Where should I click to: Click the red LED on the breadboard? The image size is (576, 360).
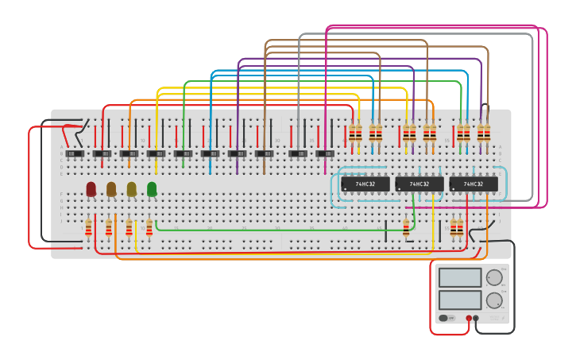pyautogui.click(x=91, y=188)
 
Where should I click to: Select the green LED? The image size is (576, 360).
pyautogui.click(x=152, y=188)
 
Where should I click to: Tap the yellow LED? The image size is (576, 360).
pyautogui.click(x=131, y=188)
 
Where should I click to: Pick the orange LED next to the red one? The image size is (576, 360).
pyautogui.click(x=111, y=188)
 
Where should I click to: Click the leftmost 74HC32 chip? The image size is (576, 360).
pyautogui.click(x=365, y=184)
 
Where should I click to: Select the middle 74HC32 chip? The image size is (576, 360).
pyautogui.click(x=419, y=184)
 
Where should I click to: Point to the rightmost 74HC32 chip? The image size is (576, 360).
pyautogui.click(x=474, y=184)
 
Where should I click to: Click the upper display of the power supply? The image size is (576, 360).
pyautogui.click(x=460, y=277)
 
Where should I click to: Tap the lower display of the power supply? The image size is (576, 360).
pyautogui.click(x=460, y=300)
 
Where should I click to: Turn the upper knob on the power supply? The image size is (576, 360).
pyautogui.click(x=494, y=277)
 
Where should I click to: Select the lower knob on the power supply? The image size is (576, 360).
pyautogui.click(x=494, y=300)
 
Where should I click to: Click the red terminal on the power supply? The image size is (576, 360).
pyautogui.click(x=469, y=319)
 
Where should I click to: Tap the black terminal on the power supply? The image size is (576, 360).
pyautogui.click(x=476, y=319)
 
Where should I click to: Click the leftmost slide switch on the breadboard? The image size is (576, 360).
pyautogui.click(x=75, y=153)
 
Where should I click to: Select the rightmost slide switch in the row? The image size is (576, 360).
pyautogui.click(x=325, y=153)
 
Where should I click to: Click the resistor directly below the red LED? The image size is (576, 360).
pyautogui.click(x=88, y=229)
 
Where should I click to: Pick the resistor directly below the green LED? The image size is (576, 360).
pyautogui.click(x=149, y=229)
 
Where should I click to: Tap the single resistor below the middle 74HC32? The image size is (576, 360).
pyautogui.click(x=406, y=229)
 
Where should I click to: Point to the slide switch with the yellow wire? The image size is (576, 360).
pyautogui.click(x=156, y=153)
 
